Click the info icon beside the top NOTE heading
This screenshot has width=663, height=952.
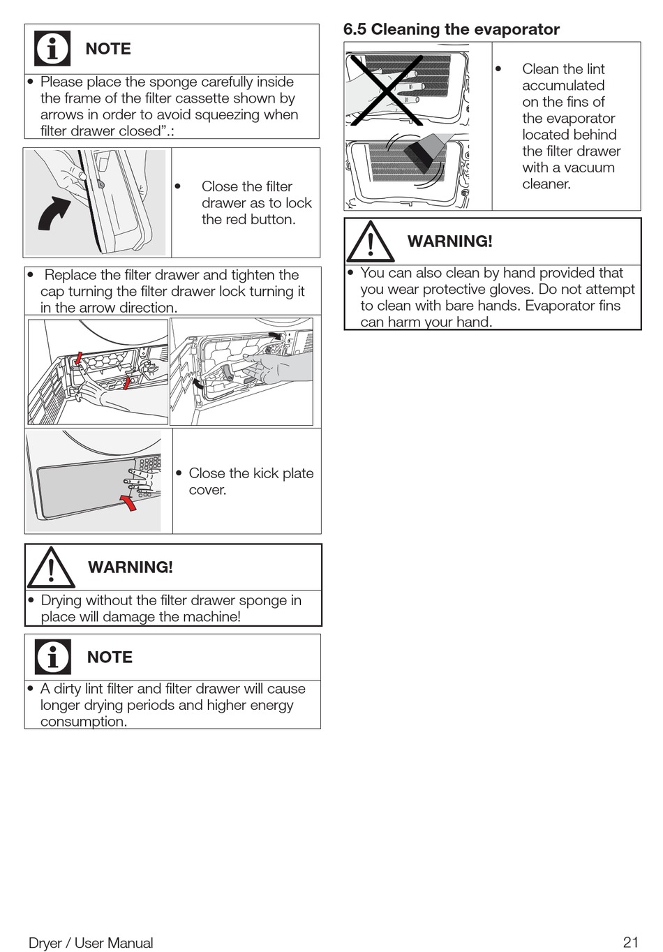click(52, 49)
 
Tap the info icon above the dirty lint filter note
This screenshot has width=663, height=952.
click(53, 657)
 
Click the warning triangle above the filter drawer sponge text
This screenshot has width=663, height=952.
click(51, 568)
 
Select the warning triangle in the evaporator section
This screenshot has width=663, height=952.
click(370, 241)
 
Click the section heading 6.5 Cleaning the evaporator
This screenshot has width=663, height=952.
click(451, 29)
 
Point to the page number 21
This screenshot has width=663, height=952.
click(630, 942)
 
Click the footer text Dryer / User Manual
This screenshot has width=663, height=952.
click(91, 943)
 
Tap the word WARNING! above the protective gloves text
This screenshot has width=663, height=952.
click(449, 241)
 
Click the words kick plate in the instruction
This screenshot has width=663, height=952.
click(283, 473)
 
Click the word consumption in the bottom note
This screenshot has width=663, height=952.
click(83, 722)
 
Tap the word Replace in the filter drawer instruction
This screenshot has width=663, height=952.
click(70, 275)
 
